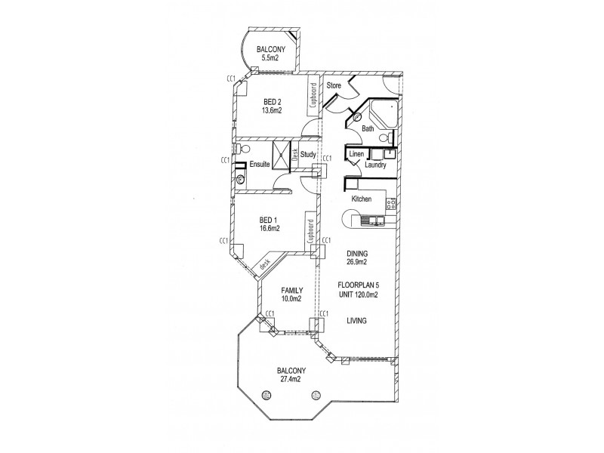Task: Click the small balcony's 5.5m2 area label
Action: click(272, 57)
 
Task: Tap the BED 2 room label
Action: click(272, 103)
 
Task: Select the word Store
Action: click(334, 86)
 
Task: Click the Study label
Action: click(308, 156)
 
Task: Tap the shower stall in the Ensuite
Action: click(282, 154)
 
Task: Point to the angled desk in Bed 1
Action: click(264, 265)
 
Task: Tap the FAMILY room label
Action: click(291, 290)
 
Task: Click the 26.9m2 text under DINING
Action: click(356, 263)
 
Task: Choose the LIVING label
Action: click(356, 321)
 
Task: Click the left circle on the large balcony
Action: click(266, 394)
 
